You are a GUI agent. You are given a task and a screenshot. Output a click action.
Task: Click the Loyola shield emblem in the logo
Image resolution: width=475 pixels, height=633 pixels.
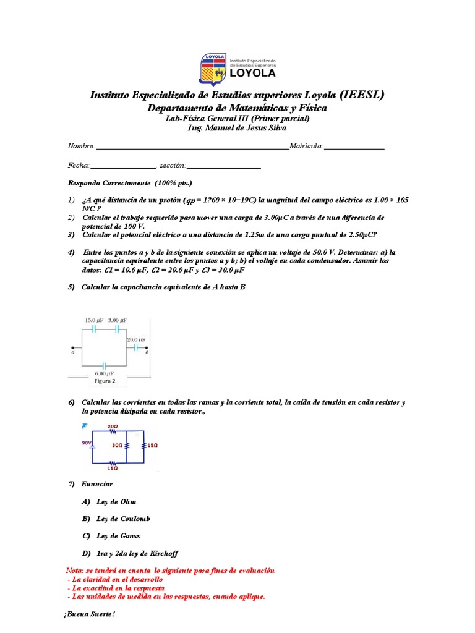(212, 69)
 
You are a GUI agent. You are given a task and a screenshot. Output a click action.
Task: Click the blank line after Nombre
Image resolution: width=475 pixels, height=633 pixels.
(192, 148)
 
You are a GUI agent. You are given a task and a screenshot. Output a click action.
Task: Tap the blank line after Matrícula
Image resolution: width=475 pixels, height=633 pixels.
(354, 148)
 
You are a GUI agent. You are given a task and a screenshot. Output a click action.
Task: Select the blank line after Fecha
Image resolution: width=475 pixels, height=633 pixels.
(123, 168)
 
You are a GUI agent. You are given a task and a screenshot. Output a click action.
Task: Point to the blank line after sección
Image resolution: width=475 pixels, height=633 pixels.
(223, 168)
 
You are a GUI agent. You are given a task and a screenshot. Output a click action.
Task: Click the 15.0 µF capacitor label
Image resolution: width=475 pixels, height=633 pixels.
(94, 320)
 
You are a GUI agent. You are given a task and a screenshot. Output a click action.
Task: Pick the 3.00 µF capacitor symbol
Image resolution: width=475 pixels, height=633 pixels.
(116, 329)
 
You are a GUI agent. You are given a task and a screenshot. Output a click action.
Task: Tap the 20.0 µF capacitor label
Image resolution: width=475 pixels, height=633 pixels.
(137, 340)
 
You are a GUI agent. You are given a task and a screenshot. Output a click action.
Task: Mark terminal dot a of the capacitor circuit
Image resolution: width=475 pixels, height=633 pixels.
(73, 347)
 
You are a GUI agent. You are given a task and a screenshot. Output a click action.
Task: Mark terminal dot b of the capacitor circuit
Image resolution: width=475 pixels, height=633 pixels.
(147, 347)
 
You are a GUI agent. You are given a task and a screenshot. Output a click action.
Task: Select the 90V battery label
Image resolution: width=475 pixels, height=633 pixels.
(87, 443)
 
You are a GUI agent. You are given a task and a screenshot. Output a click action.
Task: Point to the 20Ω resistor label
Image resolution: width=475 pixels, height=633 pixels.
(113, 426)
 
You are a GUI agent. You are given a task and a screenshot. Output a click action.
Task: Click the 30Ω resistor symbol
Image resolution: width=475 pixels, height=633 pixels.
(127, 445)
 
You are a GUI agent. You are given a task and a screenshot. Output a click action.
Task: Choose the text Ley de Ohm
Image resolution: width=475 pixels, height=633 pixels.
(116, 501)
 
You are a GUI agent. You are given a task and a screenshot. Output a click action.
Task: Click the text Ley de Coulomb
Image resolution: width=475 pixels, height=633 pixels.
(123, 519)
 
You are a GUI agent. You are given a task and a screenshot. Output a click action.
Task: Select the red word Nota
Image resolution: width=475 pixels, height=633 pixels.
(75, 570)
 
